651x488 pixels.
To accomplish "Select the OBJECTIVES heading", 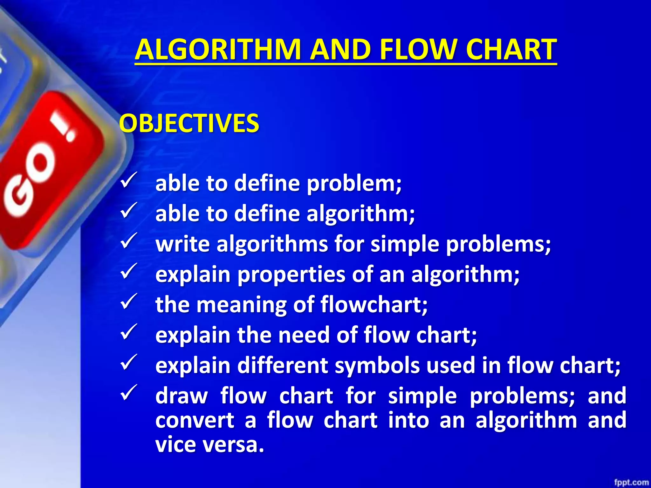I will point(189,123).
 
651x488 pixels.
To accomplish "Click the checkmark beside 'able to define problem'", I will point(129,180).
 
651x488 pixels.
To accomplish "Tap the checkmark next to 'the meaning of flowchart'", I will point(129,302).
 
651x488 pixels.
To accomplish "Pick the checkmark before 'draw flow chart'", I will point(129,393).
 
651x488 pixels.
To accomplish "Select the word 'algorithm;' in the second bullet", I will point(360,213).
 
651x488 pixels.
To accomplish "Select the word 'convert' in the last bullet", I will point(195,420).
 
